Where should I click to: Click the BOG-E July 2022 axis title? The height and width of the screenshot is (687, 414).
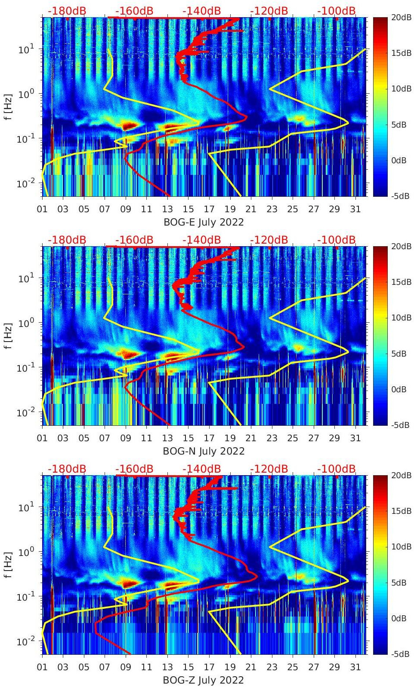pos(204,222)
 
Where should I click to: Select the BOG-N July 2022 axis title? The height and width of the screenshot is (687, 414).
pos(204,451)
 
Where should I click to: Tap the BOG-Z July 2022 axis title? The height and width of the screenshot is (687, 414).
pos(204,680)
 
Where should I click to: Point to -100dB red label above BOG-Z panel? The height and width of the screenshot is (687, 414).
pos(337,469)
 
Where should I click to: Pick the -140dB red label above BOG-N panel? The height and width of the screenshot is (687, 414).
pos(201,240)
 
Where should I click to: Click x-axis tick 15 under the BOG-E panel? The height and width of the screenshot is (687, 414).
pos(188,209)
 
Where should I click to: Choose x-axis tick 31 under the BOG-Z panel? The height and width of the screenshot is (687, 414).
pos(355,667)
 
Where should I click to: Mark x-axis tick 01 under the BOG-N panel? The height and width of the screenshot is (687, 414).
pos(42,438)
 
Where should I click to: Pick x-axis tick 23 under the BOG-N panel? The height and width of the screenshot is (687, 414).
pos(272,438)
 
